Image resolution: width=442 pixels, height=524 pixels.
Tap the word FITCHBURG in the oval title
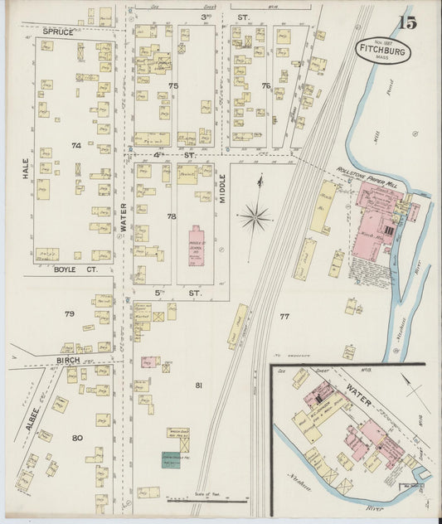(385, 49)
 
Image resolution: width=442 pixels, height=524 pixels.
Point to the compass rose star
(255, 217)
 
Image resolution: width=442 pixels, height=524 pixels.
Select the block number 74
(76, 145)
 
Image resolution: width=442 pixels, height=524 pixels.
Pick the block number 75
(173, 85)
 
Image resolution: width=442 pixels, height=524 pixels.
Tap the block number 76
(265, 85)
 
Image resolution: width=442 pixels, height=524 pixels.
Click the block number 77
(284, 316)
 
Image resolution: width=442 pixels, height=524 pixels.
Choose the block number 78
(172, 216)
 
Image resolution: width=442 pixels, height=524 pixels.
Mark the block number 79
(70, 313)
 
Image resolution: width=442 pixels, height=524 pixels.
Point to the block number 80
(77, 437)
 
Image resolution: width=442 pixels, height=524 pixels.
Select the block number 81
(198, 385)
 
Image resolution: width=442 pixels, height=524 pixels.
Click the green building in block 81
(171, 459)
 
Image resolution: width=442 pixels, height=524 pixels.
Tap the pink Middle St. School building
(197, 245)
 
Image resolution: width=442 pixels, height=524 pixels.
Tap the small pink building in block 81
(150, 362)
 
